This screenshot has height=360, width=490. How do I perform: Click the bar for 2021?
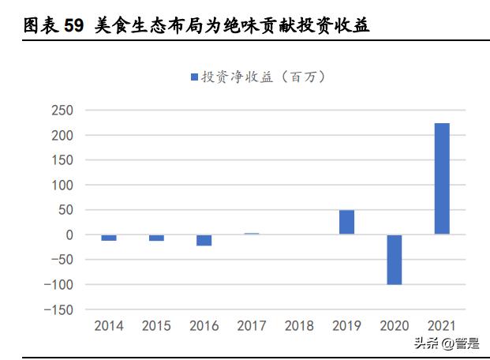click(x=442, y=179)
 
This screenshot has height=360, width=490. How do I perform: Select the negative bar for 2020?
click(x=394, y=259)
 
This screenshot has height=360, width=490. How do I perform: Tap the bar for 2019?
click(x=346, y=223)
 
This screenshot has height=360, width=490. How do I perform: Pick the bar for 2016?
click(x=204, y=240)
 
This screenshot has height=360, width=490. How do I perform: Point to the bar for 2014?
click(x=109, y=238)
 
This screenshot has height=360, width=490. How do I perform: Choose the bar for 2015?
click(x=156, y=238)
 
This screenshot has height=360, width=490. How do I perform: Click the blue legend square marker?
click(x=194, y=77)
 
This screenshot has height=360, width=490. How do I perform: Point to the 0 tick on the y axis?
click(x=69, y=234)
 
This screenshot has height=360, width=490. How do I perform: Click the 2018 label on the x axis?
click(x=299, y=326)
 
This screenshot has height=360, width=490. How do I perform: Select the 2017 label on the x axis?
click(x=252, y=326)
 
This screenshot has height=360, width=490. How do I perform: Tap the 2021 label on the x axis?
click(x=442, y=326)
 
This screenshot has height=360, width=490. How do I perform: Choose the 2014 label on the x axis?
click(x=109, y=326)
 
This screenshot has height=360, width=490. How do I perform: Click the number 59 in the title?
click(x=73, y=26)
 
